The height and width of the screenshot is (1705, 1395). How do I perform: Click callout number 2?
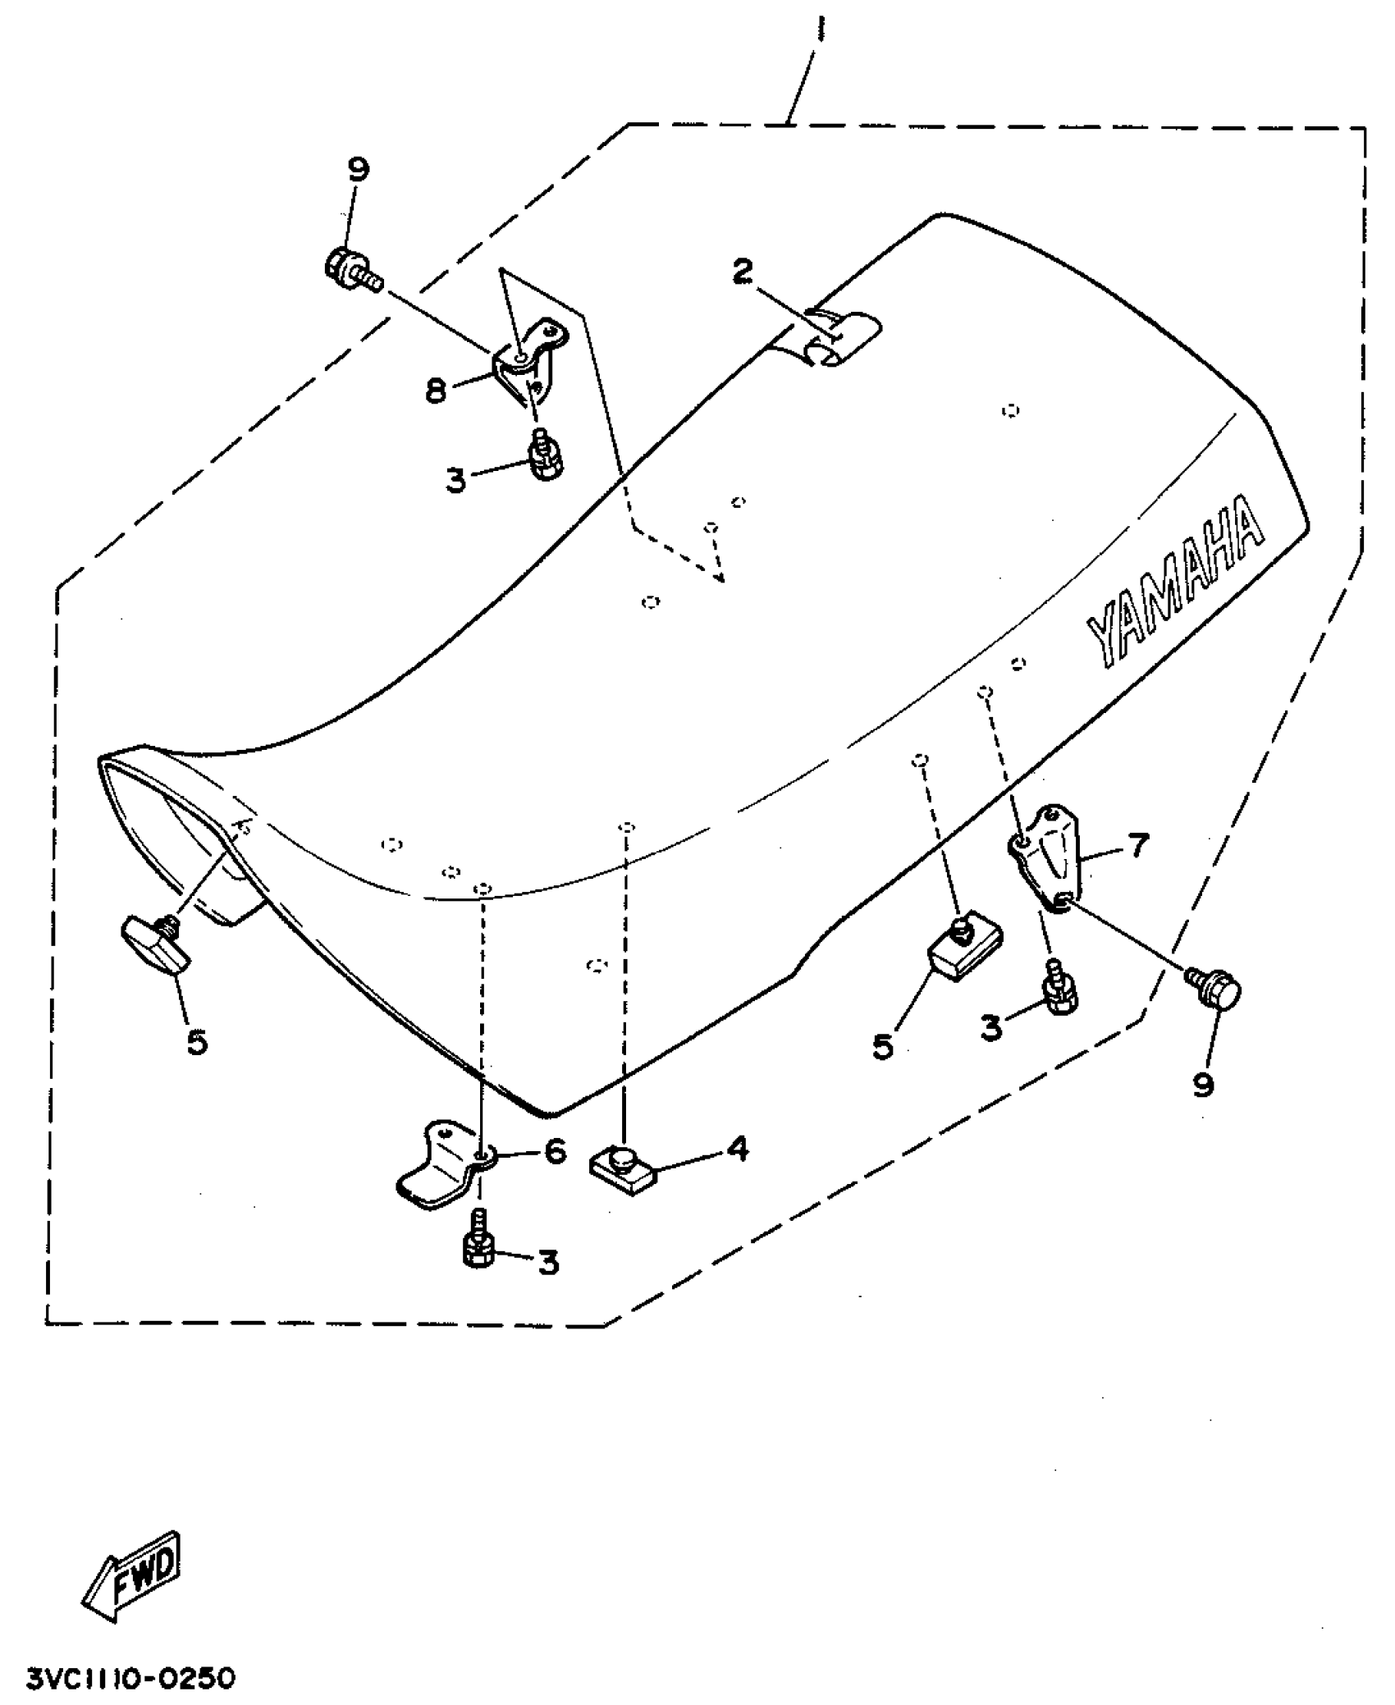tap(742, 272)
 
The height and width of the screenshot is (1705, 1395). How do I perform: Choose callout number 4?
tap(738, 1149)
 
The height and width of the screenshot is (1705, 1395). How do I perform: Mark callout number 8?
tap(436, 391)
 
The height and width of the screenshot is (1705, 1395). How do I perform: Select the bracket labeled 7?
tap(1047, 858)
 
